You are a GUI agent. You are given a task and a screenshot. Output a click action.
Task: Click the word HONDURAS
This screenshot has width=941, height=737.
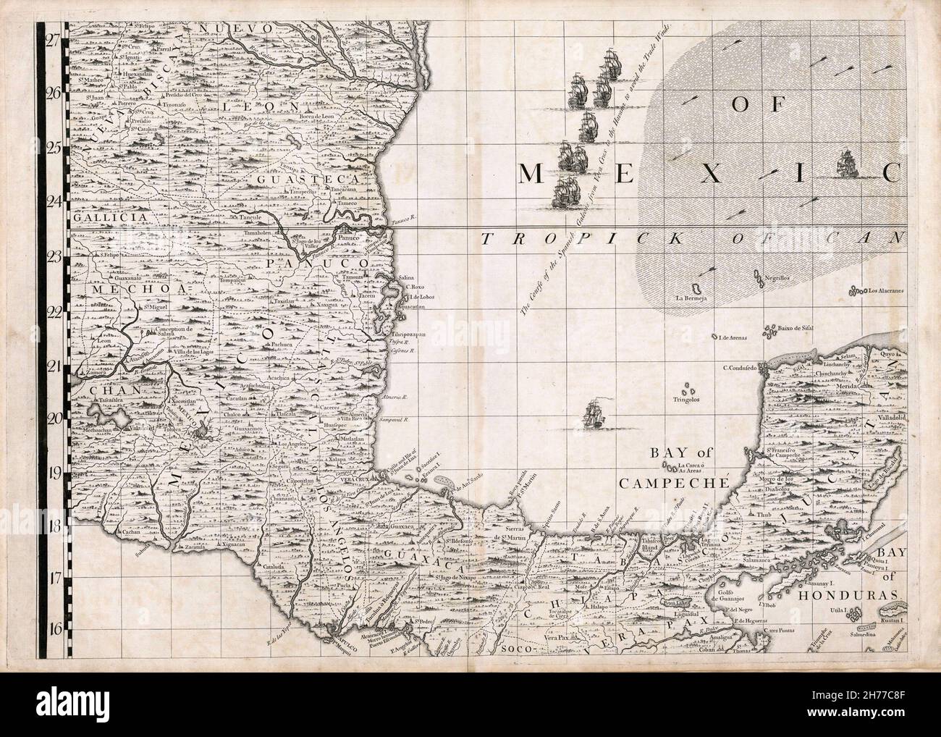858,598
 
